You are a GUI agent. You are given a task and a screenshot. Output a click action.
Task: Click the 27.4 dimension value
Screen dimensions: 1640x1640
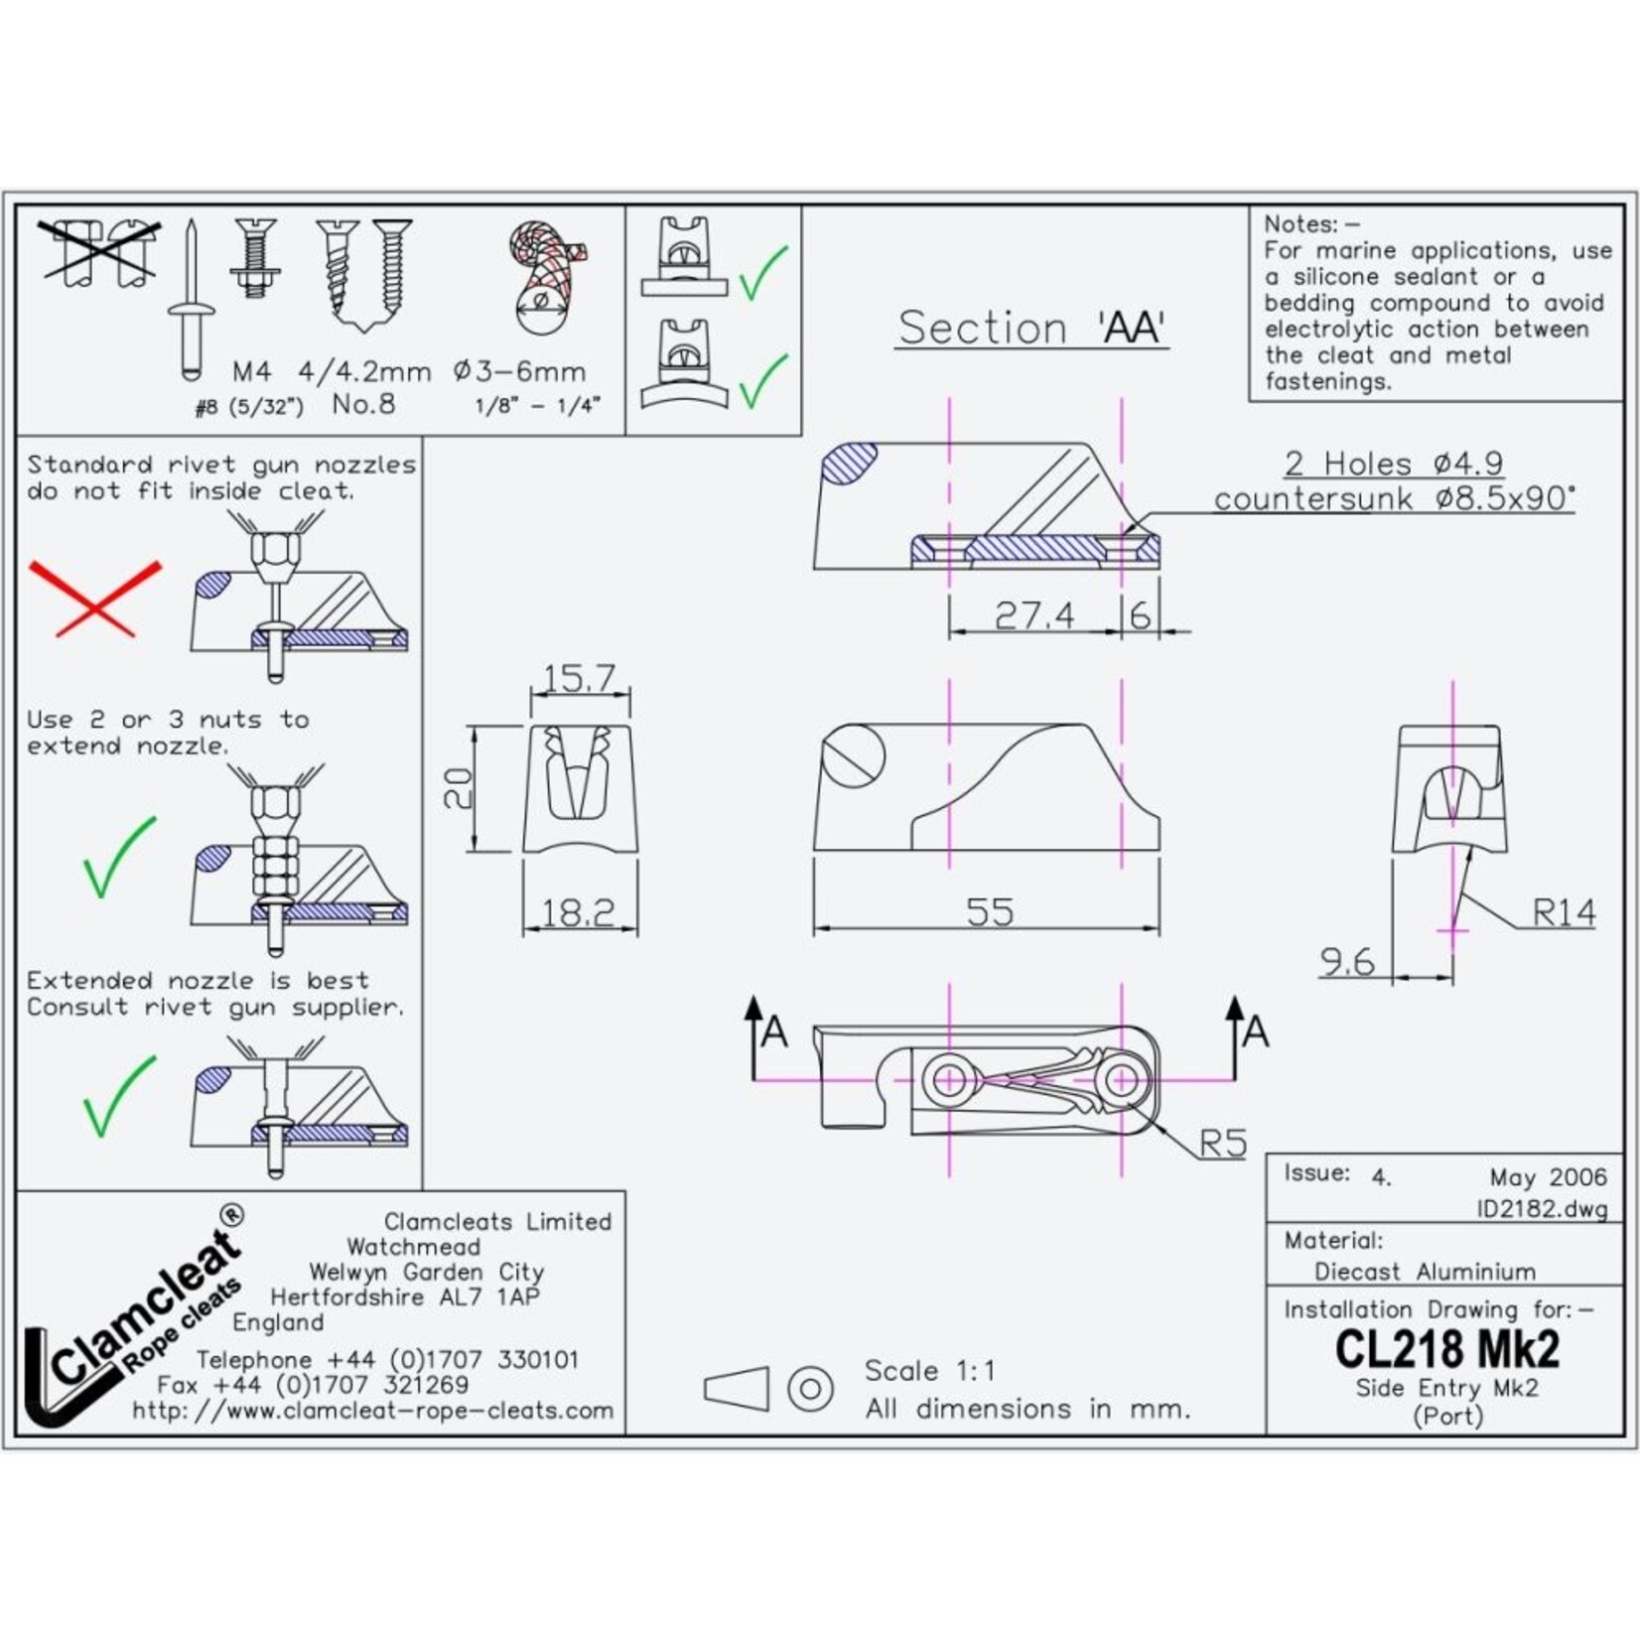1033,615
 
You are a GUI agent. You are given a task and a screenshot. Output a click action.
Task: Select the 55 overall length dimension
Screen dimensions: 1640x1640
990,911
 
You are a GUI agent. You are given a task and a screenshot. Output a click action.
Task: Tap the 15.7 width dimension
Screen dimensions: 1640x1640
579,679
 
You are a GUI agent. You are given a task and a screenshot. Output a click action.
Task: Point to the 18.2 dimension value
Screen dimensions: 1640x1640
578,912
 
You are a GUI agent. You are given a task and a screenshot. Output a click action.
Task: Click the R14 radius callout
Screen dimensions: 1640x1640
1564,912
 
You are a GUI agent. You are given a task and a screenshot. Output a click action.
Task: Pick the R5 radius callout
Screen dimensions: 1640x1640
1222,1144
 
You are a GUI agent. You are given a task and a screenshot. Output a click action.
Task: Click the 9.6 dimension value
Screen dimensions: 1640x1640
1346,961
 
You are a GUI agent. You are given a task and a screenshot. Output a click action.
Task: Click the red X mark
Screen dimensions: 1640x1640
94,598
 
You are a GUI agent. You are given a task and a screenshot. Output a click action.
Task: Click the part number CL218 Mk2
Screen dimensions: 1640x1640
1446,1349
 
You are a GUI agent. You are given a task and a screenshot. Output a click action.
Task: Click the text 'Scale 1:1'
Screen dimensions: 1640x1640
929,1371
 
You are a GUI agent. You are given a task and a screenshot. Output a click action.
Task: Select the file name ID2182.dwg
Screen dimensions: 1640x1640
1541,1208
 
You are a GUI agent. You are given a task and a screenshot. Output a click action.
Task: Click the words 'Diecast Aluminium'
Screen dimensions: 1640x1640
1425,1272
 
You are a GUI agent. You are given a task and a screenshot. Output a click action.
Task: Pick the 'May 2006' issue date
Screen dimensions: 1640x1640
1548,1177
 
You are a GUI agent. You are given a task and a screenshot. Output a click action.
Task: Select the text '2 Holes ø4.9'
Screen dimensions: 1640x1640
1393,464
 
